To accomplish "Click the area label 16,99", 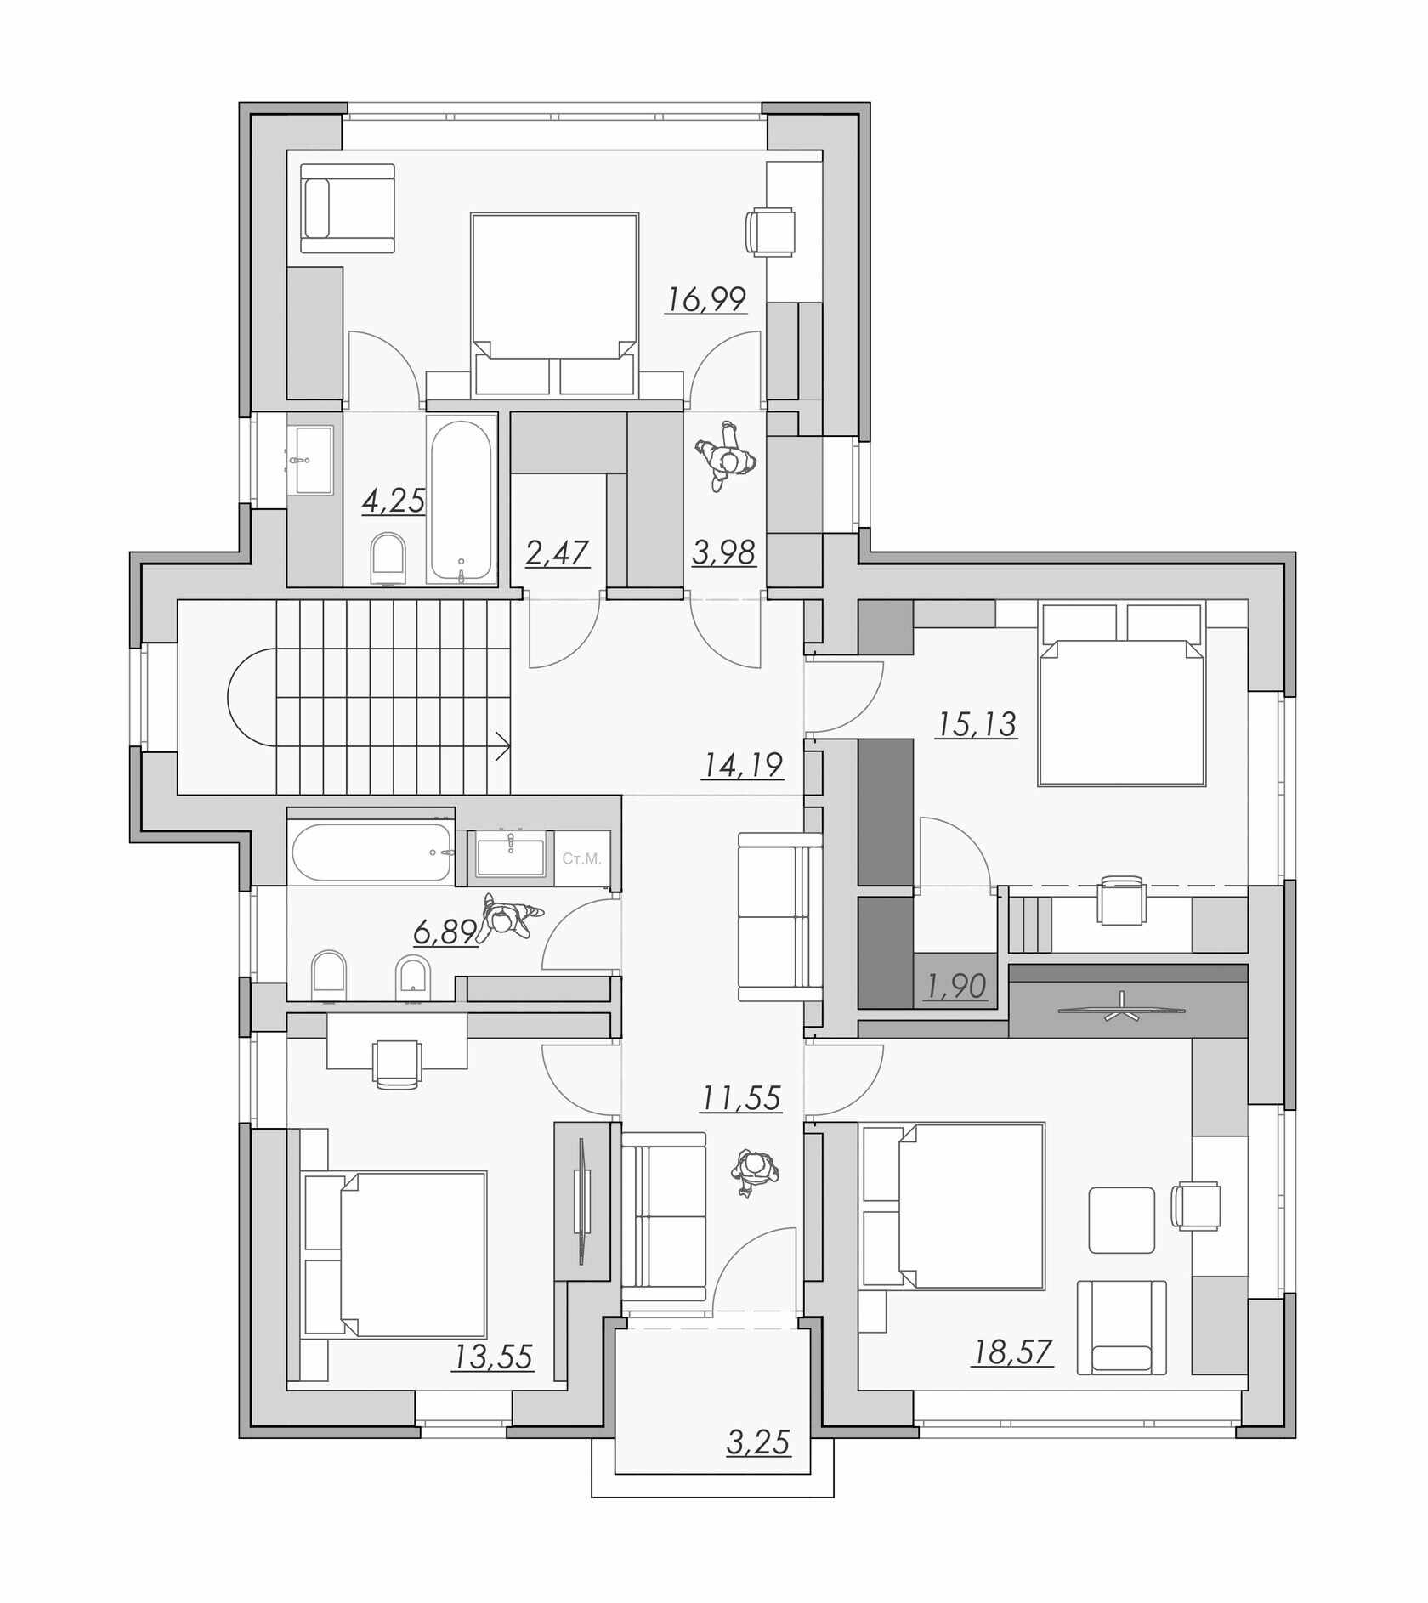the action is (706, 299).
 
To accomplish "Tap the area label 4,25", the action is (393, 501).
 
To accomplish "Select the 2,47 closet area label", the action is (557, 553).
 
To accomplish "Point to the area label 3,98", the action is (723, 552).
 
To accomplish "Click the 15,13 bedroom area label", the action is (977, 724).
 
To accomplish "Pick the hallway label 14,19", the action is (742, 765).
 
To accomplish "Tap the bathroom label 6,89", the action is (445, 933).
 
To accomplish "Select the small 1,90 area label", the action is (955, 986).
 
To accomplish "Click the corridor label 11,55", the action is (740, 1098).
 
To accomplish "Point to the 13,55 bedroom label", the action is (493, 1357).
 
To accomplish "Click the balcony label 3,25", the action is (758, 1442).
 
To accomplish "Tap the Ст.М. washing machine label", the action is (581, 858).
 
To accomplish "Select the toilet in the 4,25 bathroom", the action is (390, 558).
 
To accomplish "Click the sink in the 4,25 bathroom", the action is (310, 459).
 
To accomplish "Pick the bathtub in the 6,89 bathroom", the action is (371, 852).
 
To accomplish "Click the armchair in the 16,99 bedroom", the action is (348, 209).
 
